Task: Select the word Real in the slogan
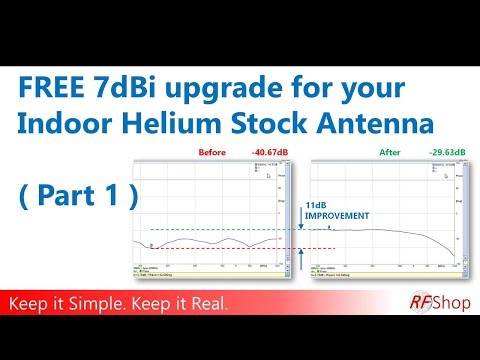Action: tap(208, 302)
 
